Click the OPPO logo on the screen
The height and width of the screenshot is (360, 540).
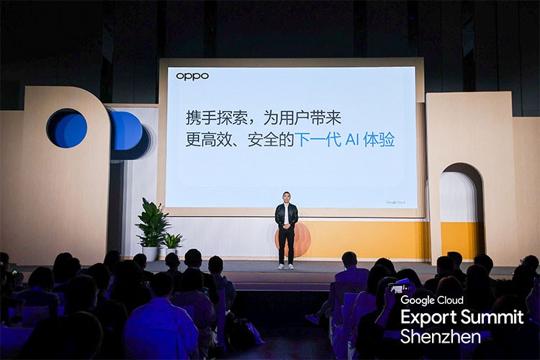pyautogui.click(x=192, y=76)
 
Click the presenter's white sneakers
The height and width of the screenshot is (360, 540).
pyautogui.click(x=286, y=266)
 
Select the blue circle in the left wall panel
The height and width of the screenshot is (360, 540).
pyautogui.click(x=67, y=129)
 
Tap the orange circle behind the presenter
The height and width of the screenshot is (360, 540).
pyautogui.click(x=297, y=239)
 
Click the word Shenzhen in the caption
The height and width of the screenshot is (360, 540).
pyautogui.click(x=430, y=336)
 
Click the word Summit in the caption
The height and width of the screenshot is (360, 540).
pyautogui.click(x=493, y=318)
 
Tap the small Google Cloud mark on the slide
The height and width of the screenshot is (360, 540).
pyautogui.click(x=395, y=202)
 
